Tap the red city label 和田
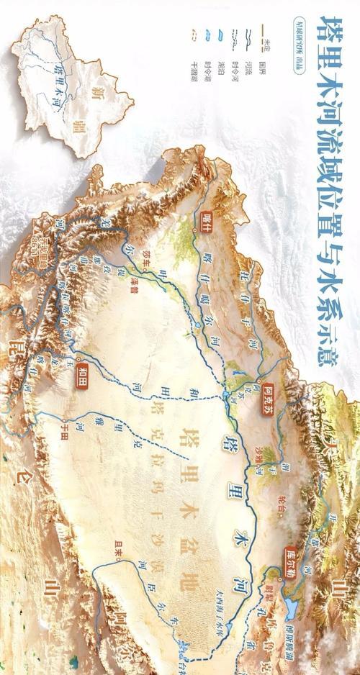coord(81,373)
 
